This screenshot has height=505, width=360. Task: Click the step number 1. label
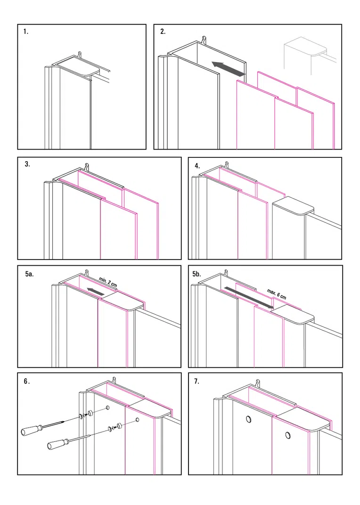click(26, 32)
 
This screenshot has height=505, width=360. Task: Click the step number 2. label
click(163, 32)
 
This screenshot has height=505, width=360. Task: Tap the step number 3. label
click(27, 164)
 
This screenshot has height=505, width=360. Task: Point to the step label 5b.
click(197, 273)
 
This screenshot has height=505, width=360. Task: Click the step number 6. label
click(27, 381)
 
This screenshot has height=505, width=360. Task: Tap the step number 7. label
click(197, 381)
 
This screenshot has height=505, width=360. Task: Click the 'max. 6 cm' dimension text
click(277, 294)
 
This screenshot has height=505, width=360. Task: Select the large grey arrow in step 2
click(228, 68)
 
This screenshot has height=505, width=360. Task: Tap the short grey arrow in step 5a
click(97, 293)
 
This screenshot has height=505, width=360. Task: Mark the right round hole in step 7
click(286, 435)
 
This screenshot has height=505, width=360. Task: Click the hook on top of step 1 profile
click(80, 55)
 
